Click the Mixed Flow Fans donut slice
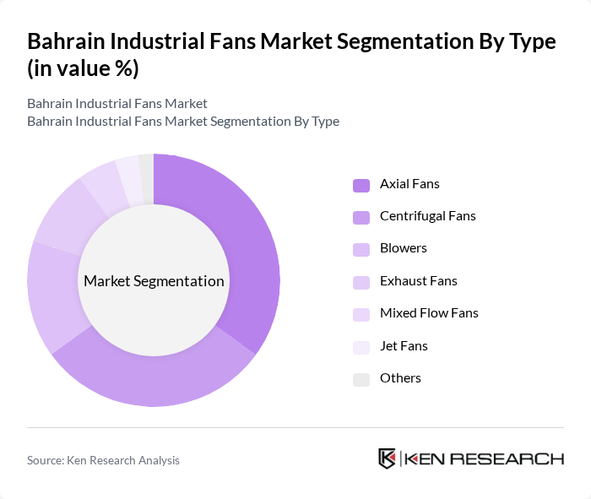(x=102, y=184)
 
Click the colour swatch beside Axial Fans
(x=361, y=185)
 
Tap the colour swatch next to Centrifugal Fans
(x=361, y=217)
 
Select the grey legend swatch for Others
(x=361, y=379)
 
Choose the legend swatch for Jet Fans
(x=361, y=347)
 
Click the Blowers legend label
(x=404, y=248)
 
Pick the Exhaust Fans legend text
(x=419, y=280)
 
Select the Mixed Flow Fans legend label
(x=429, y=312)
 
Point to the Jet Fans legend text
(x=404, y=345)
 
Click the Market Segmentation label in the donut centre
(x=154, y=281)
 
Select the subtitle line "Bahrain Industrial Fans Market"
(x=117, y=104)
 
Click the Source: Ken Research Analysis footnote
(x=103, y=460)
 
